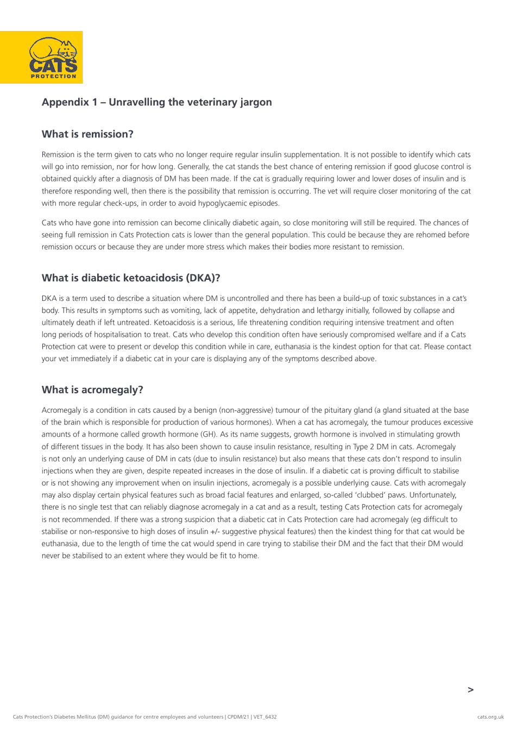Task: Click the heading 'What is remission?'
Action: [87, 134]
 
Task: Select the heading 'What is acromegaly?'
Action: [92, 389]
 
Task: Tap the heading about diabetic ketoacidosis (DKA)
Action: [131, 278]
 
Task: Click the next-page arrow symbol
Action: [470, 689]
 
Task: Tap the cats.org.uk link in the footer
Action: [490, 717]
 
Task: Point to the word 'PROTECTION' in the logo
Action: [53, 76]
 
